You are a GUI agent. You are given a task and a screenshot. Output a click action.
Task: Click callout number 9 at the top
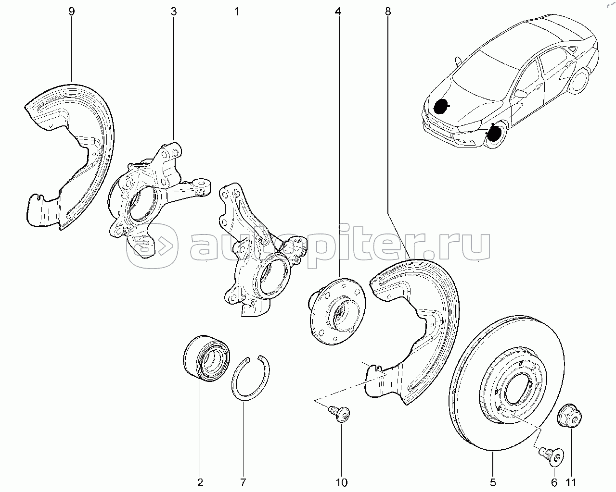(72, 11)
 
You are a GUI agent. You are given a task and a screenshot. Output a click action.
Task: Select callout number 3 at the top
(173, 11)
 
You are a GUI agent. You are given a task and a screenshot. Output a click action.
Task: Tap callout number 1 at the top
(237, 11)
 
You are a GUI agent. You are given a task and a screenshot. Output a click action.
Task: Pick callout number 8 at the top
(388, 11)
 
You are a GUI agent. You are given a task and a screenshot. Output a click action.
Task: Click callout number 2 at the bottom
(200, 482)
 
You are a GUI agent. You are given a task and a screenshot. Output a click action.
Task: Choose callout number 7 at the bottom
(244, 482)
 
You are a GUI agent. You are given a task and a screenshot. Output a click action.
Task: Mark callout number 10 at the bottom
(342, 482)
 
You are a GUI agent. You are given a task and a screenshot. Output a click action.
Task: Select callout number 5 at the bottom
(493, 482)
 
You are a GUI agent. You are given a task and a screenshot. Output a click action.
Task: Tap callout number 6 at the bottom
(553, 482)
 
